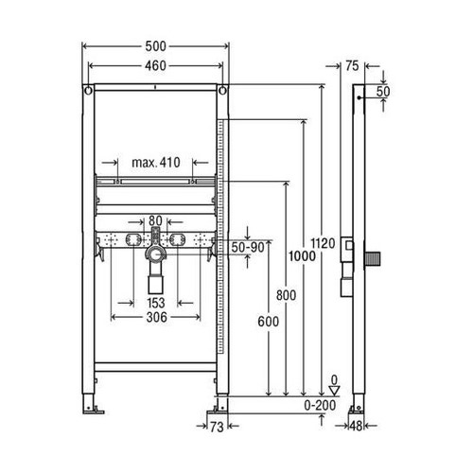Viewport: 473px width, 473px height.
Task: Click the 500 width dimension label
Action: pos(156,47)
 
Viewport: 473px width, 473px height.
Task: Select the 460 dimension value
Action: pos(156,66)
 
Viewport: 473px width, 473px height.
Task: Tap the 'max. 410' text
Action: pos(156,162)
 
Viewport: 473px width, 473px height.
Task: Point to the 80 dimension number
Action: pos(156,219)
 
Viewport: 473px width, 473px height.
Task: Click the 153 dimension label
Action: pos(156,303)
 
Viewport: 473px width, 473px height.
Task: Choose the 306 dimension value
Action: pos(156,318)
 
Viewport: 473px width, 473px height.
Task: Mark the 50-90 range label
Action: pos(248,245)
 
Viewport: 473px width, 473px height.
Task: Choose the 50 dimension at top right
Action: pos(383,92)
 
